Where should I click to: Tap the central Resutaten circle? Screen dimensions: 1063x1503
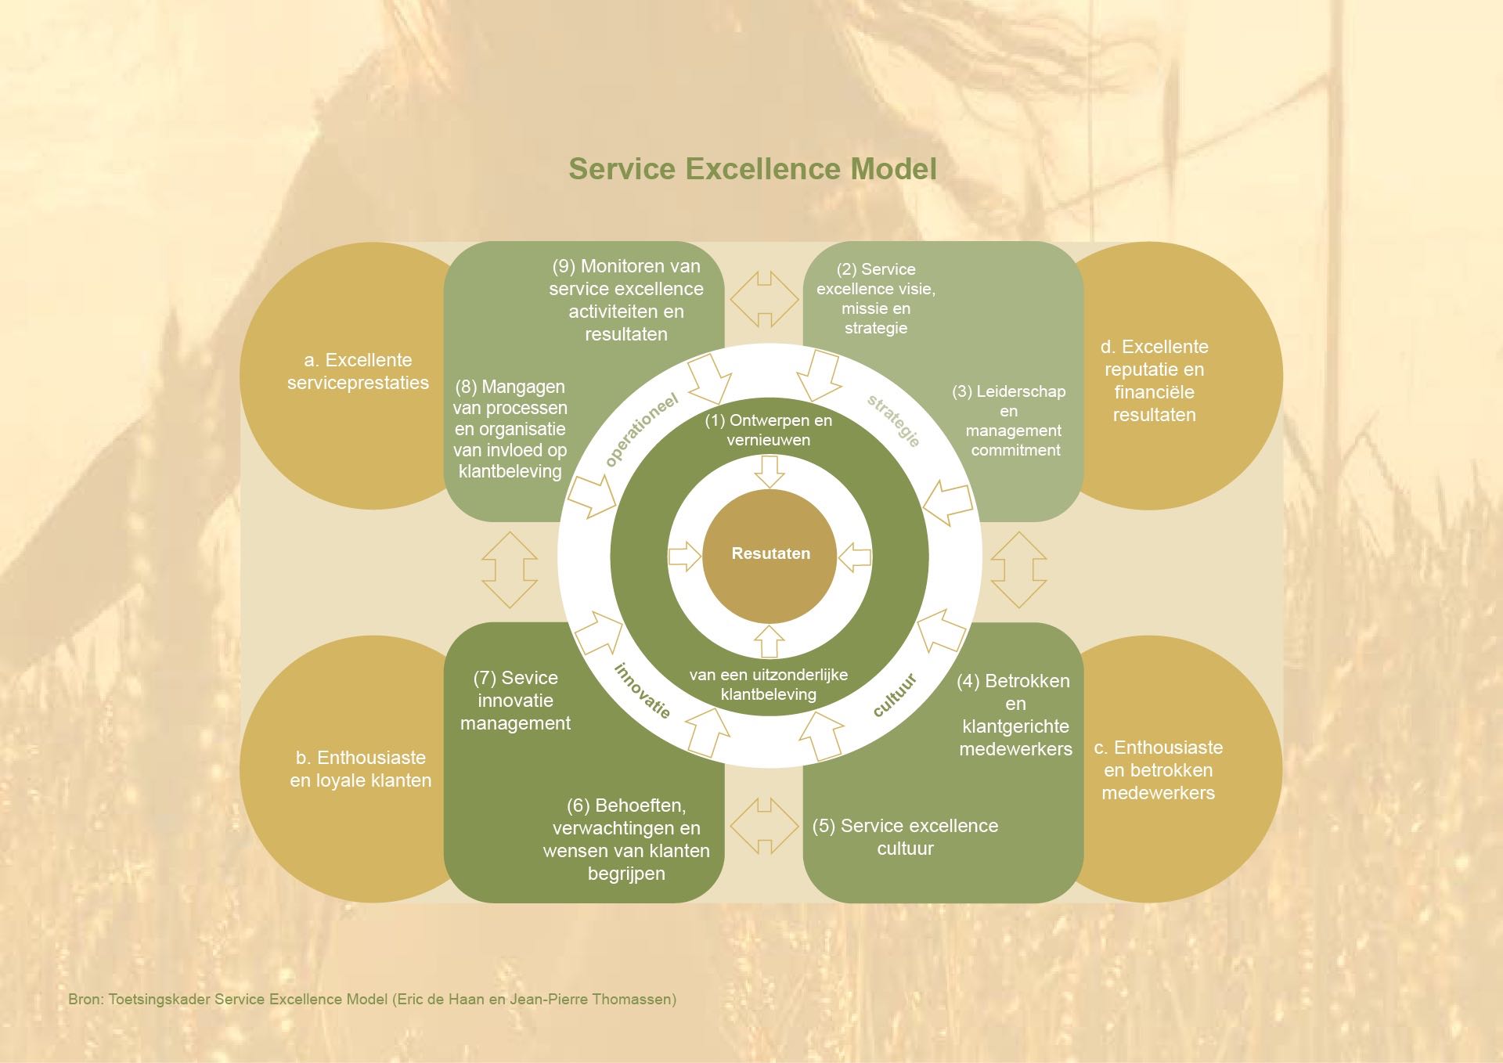click(770, 554)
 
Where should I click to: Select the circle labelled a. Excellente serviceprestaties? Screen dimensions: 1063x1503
click(358, 372)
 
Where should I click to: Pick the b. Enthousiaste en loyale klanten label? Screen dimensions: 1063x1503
click(360, 769)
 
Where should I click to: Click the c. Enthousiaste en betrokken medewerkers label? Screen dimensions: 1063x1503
click(1158, 770)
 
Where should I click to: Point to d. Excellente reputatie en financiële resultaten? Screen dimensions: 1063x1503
click(1154, 380)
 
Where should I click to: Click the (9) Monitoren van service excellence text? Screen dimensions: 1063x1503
click(626, 300)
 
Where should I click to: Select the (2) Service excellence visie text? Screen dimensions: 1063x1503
click(876, 298)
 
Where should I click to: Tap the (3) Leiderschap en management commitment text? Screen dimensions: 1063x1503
click(1011, 420)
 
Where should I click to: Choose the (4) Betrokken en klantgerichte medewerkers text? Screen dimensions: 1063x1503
click(1015, 715)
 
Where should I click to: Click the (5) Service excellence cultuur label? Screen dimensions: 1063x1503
click(906, 837)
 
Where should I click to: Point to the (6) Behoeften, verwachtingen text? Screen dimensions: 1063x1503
click(626, 839)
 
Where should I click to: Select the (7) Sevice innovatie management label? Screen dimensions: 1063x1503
click(515, 701)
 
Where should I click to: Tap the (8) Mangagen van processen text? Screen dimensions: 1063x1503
click(510, 429)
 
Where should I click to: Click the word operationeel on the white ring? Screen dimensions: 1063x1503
click(642, 430)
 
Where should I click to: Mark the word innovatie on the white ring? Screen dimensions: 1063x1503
click(643, 690)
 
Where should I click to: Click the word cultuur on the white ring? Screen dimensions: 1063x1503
click(894, 694)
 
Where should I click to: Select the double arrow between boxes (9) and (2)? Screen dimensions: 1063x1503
click(764, 299)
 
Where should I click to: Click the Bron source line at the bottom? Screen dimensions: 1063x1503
click(373, 999)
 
